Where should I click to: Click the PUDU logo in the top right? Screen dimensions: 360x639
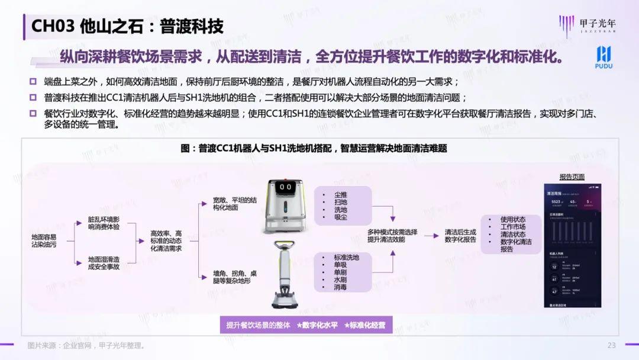(x=603, y=57)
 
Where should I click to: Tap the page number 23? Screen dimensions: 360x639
(x=611, y=345)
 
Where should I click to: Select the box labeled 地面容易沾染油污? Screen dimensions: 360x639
(x=45, y=240)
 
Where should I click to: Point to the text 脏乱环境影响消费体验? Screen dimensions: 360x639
(x=104, y=223)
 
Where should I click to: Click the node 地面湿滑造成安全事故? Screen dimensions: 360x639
(x=104, y=263)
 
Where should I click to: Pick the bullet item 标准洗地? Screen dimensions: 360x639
(x=346, y=258)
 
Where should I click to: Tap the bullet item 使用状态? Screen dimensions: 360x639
(x=512, y=219)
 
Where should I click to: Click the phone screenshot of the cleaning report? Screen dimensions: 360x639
(x=572, y=246)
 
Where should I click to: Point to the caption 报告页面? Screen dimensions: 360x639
(x=572, y=176)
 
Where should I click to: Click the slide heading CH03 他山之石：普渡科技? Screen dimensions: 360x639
(x=127, y=27)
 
